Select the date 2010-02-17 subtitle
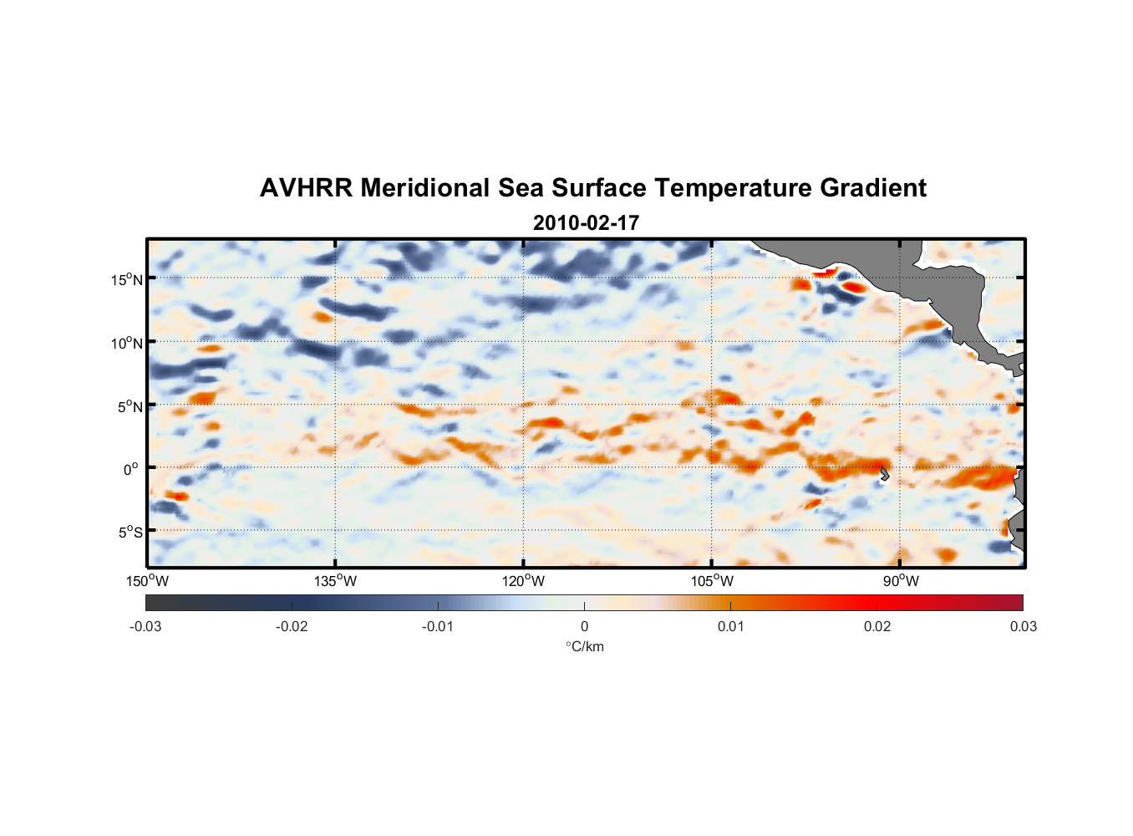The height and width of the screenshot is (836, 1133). point(586,223)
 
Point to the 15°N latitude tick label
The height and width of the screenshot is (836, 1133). point(126,279)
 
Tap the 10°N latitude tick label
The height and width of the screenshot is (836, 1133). point(126,343)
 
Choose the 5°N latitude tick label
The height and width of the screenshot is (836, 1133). point(129,406)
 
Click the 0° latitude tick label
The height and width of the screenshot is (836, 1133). point(131,469)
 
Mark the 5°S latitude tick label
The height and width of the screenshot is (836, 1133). point(129,533)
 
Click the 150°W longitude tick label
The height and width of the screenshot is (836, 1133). point(147,581)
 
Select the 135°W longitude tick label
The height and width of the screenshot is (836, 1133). point(335,581)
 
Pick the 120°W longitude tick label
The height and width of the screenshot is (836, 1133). point(523,581)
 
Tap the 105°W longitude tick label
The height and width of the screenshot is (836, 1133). point(712,581)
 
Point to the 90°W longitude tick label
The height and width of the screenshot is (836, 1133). point(901,581)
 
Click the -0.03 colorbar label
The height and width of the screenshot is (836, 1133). point(145,626)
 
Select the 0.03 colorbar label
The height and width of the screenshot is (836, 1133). point(1023,626)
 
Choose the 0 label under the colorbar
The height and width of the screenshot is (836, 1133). point(584,626)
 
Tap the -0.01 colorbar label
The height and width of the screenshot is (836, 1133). point(438,626)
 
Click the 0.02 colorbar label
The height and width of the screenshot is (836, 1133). point(876,626)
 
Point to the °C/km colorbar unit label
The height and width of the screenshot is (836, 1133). point(584,646)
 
